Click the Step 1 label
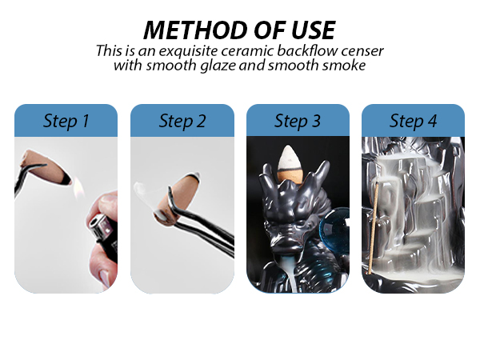click(66, 121)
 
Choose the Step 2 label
click(182, 121)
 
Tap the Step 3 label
click(298, 121)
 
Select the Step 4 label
click(413, 121)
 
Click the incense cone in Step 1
click(46, 167)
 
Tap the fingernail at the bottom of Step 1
click(104, 278)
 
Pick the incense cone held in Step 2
click(177, 198)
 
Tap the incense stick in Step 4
click(374, 228)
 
